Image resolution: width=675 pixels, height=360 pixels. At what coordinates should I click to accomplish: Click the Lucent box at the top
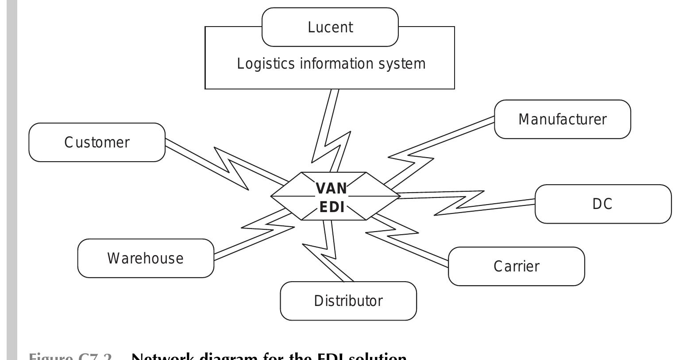[x=330, y=27]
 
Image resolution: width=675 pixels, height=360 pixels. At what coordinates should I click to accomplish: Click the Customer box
[x=97, y=142]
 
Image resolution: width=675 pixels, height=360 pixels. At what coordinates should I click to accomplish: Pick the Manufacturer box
[x=562, y=119]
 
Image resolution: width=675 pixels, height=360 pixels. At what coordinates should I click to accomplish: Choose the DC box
[x=602, y=204]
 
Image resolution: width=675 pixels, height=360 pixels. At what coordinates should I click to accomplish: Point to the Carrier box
[x=516, y=266]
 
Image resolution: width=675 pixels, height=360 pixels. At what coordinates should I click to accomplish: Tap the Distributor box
[x=348, y=301]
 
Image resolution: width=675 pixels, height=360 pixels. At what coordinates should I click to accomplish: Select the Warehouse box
[x=145, y=258]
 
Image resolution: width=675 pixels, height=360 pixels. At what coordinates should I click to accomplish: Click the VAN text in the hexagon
[x=332, y=188]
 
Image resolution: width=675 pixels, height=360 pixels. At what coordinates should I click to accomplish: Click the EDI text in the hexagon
[x=332, y=207]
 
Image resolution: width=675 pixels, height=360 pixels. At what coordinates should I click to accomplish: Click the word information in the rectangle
[x=338, y=64]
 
